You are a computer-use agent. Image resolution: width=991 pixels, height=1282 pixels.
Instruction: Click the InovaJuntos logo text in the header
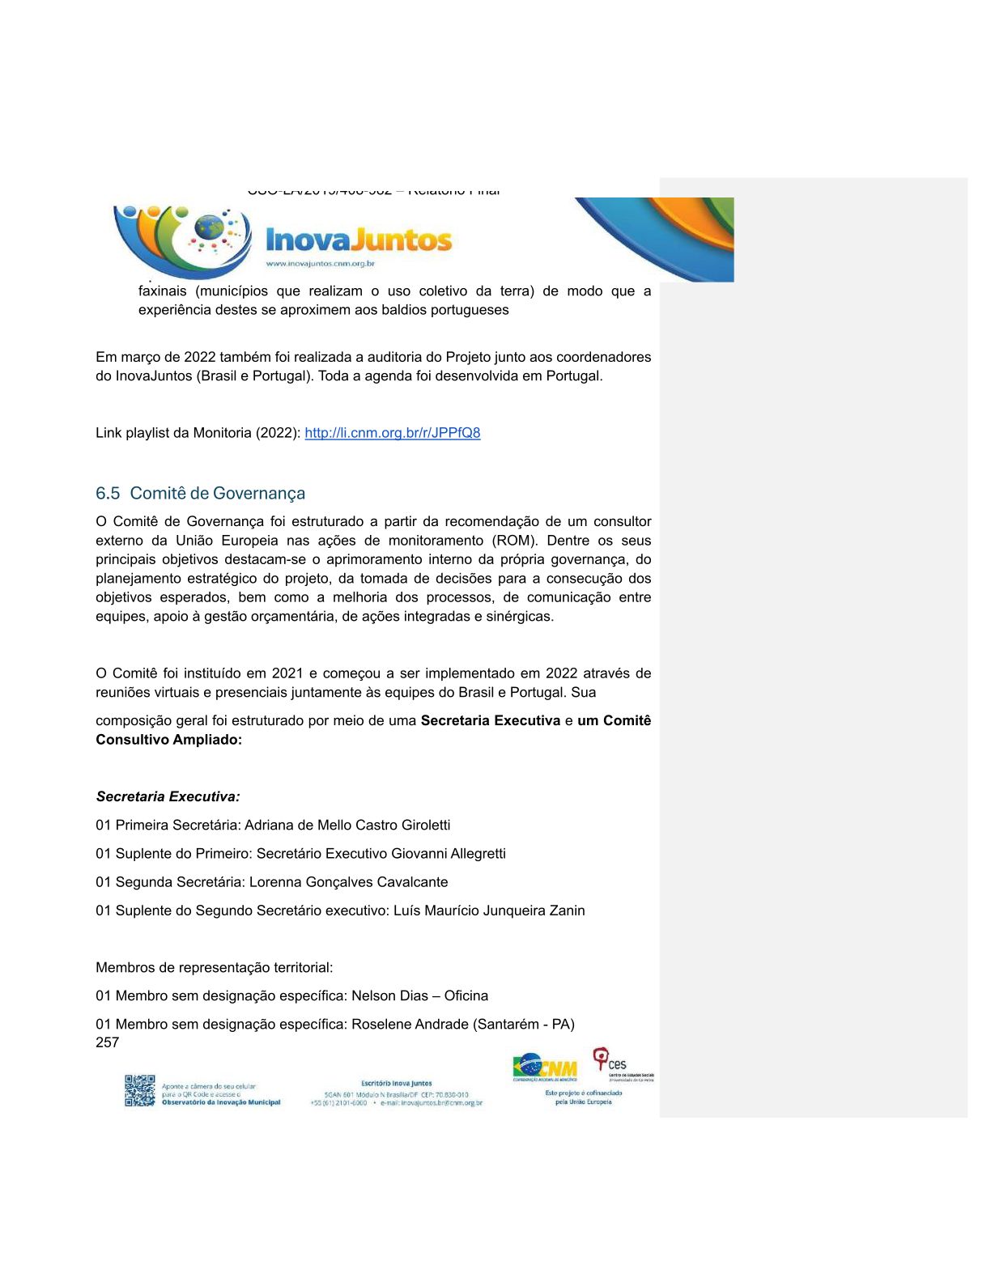(x=359, y=240)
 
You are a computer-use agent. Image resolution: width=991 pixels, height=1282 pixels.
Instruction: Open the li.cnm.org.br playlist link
(x=392, y=433)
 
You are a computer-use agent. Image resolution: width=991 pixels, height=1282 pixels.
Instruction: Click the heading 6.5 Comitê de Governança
(x=200, y=494)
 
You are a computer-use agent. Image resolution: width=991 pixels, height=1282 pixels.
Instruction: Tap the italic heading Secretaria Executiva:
(x=168, y=796)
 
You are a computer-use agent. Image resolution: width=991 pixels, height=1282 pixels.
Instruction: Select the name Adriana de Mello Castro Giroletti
(x=347, y=826)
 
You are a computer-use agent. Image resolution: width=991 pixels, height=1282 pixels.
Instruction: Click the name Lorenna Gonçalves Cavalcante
(x=348, y=882)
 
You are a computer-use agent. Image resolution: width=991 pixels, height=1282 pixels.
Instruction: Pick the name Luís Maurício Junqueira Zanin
(x=489, y=911)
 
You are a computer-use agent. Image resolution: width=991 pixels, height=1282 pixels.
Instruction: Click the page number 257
(x=107, y=1043)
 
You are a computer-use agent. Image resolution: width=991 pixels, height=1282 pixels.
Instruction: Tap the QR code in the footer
(x=139, y=1090)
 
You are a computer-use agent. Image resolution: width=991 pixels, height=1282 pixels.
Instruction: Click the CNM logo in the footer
(x=545, y=1068)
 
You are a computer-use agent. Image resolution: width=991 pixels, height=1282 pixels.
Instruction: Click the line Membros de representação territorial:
(x=214, y=968)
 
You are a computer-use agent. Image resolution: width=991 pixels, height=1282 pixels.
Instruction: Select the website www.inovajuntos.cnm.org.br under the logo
(x=321, y=264)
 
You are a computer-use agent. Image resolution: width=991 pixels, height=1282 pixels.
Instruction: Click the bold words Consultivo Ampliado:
(x=168, y=740)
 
